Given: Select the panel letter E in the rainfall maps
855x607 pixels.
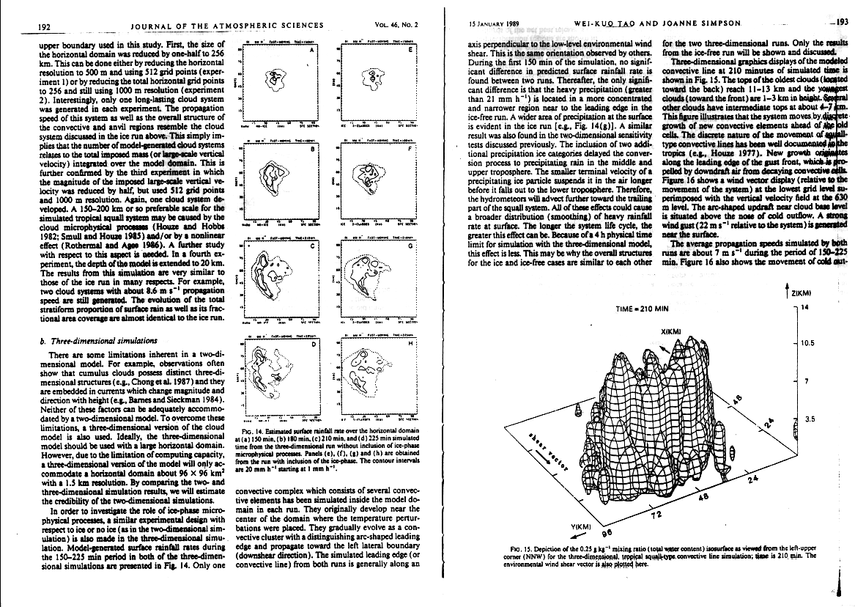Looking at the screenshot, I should click(x=409, y=51).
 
